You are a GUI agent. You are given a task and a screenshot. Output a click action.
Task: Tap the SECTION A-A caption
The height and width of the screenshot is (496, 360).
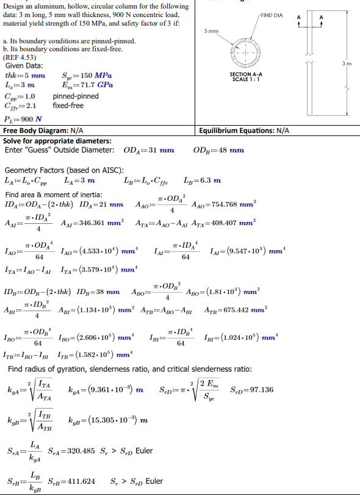(x=246, y=76)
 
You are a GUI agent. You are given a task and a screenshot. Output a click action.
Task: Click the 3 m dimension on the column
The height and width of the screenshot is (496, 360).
(x=347, y=63)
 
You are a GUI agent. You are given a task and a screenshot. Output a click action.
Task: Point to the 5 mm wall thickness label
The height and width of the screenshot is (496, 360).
(x=211, y=30)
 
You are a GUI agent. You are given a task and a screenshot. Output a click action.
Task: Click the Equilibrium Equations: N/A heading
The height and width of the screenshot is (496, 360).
(x=244, y=131)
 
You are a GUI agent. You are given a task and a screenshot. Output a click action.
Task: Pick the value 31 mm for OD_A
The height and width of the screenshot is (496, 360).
(x=161, y=150)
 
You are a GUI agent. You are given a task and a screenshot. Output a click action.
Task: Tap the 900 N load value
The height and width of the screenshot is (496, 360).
(x=32, y=119)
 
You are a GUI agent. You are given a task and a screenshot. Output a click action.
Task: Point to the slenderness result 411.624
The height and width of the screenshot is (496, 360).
(x=81, y=481)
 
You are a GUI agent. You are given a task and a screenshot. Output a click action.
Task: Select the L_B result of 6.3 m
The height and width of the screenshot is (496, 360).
(x=210, y=181)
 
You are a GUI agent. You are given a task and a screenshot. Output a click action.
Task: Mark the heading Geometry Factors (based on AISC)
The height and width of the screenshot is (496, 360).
(x=64, y=170)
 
